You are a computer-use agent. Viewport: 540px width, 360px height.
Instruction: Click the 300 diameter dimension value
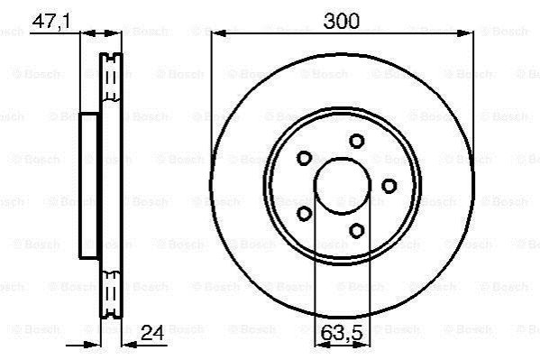342,21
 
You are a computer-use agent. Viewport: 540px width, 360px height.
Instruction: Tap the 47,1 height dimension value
51,22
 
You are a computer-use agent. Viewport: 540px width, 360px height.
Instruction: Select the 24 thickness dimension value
152,333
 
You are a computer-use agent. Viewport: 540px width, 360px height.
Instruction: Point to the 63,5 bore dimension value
342,333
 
